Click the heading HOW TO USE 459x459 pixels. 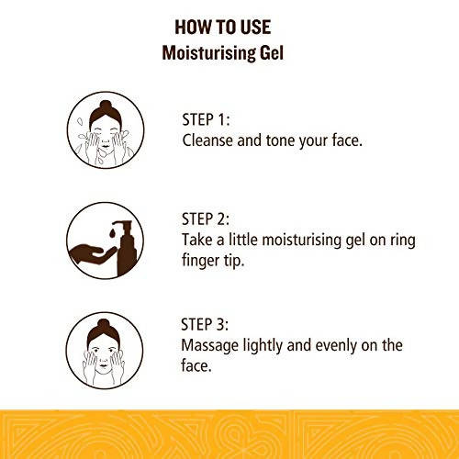(x=223, y=27)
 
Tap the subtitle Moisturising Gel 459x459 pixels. (x=223, y=53)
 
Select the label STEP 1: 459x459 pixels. (x=206, y=119)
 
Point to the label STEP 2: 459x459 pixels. (x=206, y=219)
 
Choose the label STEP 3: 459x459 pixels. (x=205, y=325)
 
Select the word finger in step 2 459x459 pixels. (x=201, y=261)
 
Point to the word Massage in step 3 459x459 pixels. (x=209, y=346)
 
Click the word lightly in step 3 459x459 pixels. (x=263, y=346)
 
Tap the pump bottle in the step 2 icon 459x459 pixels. (x=127, y=247)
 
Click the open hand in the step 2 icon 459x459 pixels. (x=92, y=254)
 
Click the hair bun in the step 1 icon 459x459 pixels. (x=106, y=105)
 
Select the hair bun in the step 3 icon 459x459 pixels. (x=104, y=323)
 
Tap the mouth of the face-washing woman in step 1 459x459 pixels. (x=106, y=146)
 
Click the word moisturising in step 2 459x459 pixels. (x=301, y=240)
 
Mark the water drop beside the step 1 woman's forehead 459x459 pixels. (x=80, y=122)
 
